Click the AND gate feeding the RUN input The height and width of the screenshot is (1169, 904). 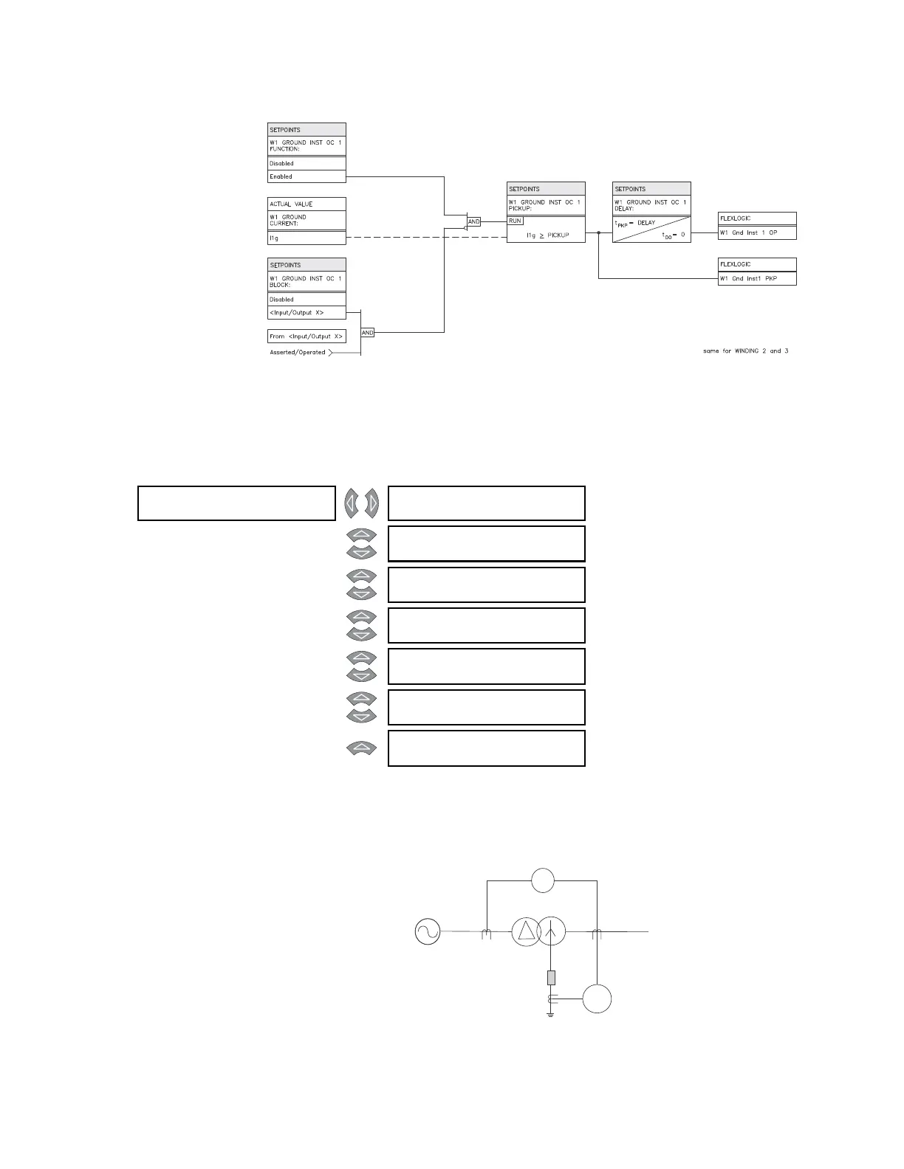(474, 221)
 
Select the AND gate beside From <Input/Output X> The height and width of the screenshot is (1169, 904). (368, 333)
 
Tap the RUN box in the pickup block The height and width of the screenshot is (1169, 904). (516, 221)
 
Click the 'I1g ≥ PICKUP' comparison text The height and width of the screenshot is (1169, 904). (547, 235)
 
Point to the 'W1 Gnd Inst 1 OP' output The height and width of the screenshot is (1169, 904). (756, 232)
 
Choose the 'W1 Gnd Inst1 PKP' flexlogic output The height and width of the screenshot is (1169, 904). (756, 278)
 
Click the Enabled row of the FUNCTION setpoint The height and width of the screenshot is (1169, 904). (307, 176)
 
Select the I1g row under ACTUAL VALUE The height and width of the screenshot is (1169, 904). (307, 238)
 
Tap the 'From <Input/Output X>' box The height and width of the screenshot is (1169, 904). (307, 336)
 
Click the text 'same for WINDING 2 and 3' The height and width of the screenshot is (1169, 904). (745, 351)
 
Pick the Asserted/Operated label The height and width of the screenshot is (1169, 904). (298, 352)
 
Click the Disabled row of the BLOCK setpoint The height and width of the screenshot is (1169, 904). (307, 300)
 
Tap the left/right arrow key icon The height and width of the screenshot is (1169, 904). (361, 503)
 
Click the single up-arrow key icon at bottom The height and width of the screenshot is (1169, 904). (361, 748)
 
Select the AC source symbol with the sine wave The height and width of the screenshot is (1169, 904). (428, 932)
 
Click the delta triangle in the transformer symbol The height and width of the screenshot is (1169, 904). (526, 931)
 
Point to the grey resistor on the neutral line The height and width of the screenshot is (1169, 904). (550, 978)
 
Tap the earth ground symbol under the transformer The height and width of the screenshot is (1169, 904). (550, 1015)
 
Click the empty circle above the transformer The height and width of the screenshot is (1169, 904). (543, 880)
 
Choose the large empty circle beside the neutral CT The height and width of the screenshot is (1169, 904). (597, 999)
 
